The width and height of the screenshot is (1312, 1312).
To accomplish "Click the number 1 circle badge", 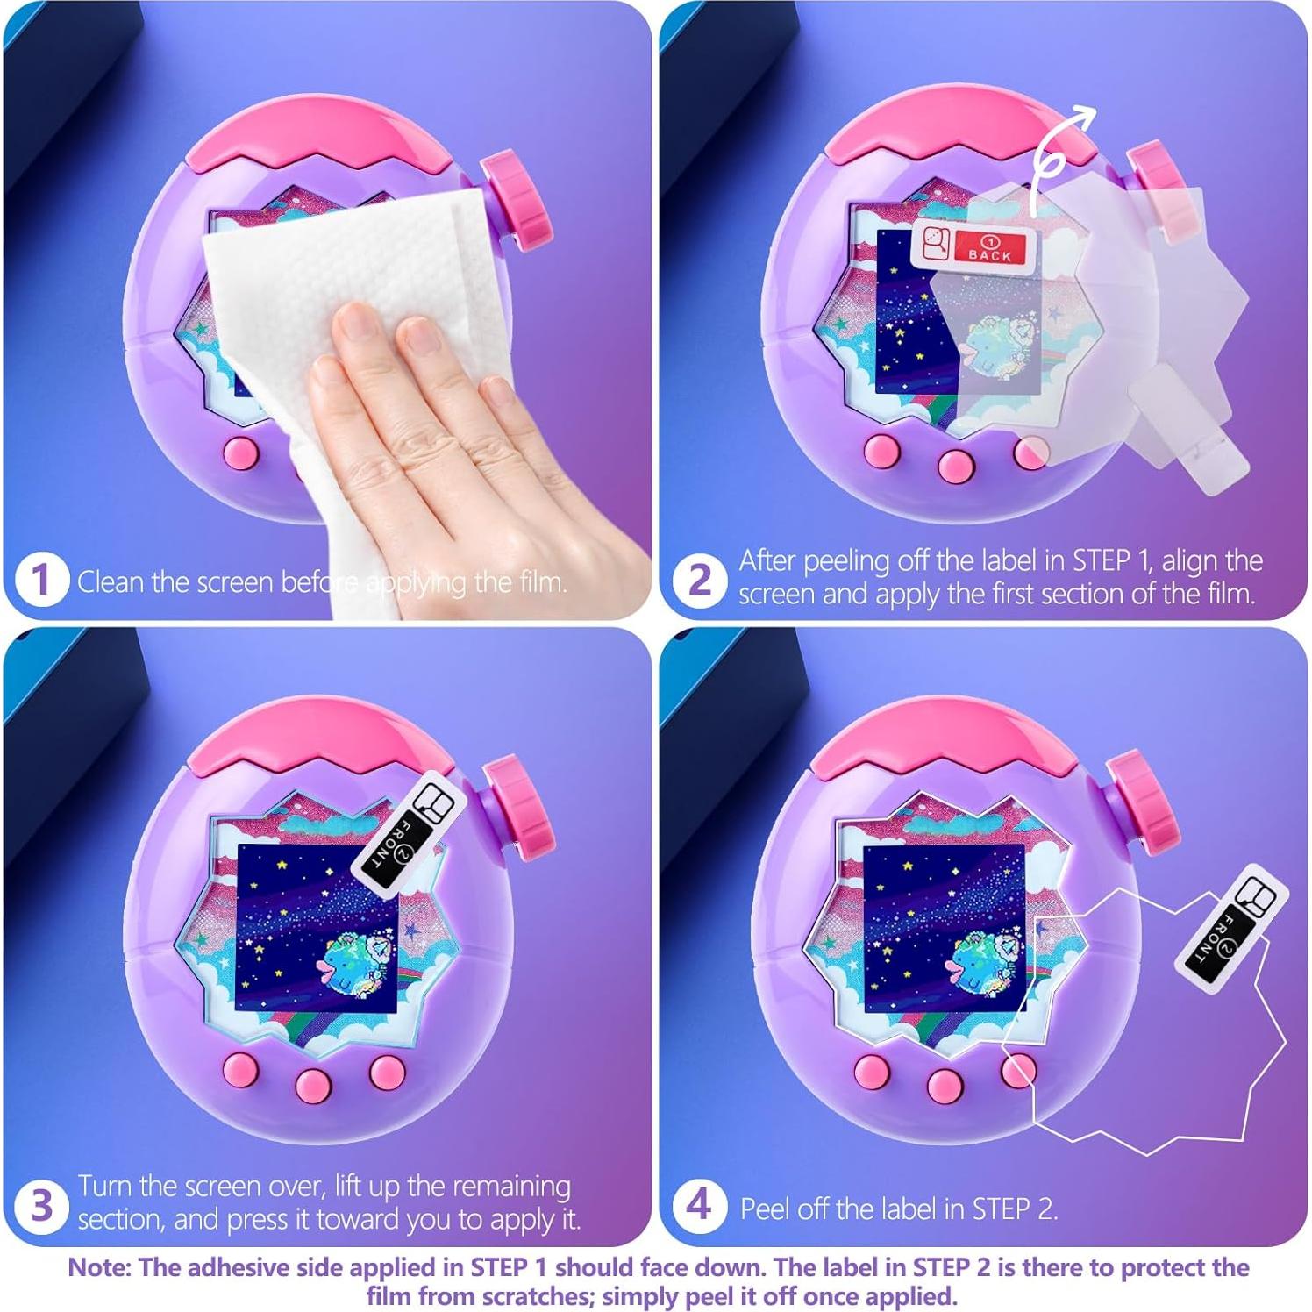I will [x=41, y=580].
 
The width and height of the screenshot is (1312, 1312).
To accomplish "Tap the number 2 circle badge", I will [x=699, y=580].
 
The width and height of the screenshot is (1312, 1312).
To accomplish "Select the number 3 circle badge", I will [x=41, y=1206].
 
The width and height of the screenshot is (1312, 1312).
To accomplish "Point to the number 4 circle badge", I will [x=699, y=1206].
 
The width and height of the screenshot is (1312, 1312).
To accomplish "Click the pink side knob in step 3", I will [x=519, y=806].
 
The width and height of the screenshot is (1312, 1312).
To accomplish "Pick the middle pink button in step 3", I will [x=313, y=1084].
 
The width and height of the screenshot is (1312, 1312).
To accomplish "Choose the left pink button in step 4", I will [x=872, y=1070].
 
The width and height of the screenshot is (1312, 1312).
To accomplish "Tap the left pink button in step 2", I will [x=881, y=451].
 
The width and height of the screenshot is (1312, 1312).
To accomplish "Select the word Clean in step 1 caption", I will [x=111, y=581].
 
